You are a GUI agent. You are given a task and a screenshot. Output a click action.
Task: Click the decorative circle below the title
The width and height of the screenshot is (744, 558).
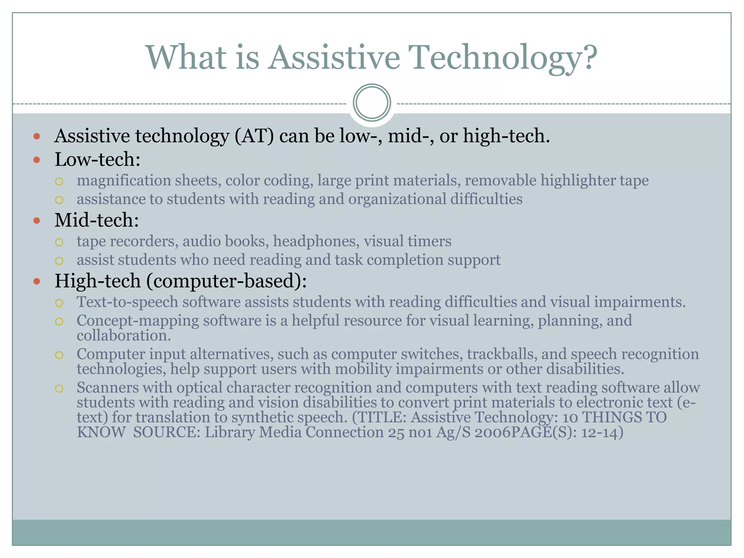point(372,102)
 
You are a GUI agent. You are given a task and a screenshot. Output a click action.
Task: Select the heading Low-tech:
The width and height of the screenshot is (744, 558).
point(97,159)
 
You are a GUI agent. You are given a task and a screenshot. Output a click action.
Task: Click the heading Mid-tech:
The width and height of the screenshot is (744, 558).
point(97,220)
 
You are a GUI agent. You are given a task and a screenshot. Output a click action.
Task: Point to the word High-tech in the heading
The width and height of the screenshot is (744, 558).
point(97,281)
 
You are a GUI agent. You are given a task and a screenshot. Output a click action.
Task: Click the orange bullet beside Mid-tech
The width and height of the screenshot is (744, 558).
point(36,221)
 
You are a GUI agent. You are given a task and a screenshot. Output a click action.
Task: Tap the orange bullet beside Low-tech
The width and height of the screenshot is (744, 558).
point(36,159)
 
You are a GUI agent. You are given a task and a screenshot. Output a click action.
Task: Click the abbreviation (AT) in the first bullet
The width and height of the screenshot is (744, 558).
point(254,136)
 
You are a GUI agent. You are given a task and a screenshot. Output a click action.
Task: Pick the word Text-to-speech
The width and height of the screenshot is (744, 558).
point(127,302)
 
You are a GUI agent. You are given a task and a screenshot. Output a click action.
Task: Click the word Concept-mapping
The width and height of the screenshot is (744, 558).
point(137,321)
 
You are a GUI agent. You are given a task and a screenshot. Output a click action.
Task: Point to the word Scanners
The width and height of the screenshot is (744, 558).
point(108,388)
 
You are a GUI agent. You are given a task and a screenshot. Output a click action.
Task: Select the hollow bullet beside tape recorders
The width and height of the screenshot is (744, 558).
point(59,242)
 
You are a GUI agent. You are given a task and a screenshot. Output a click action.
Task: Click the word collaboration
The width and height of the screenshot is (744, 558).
point(124,336)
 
